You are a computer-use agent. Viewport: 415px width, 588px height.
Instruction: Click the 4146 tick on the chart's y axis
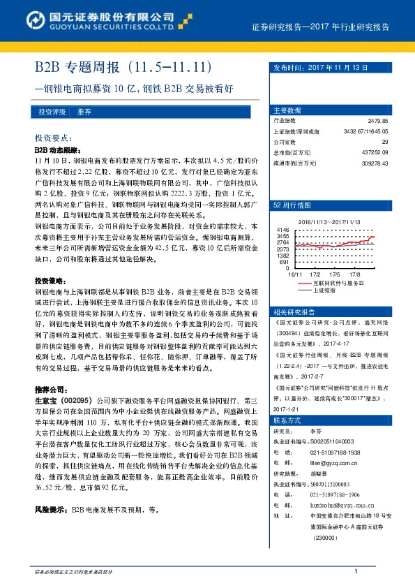click(x=282, y=229)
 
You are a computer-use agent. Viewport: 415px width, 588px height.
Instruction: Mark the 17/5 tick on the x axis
click(x=333, y=275)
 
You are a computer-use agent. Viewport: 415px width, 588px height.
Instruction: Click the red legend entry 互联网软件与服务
click(x=338, y=283)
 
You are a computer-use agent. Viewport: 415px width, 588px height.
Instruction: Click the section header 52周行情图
click(x=291, y=206)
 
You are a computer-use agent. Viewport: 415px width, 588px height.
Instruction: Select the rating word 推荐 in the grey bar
click(x=84, y=112)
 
